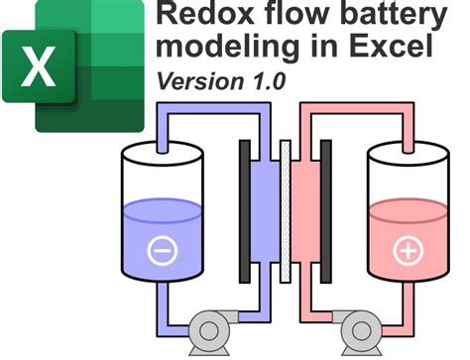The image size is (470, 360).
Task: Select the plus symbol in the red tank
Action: click(408, 252)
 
